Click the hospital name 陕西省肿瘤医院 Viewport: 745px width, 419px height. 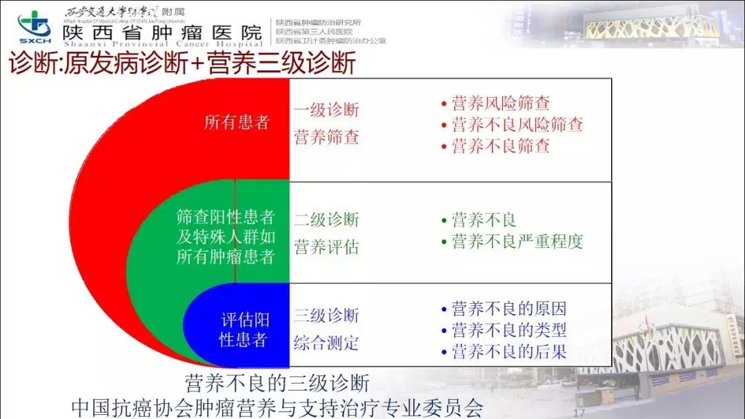point(162,33)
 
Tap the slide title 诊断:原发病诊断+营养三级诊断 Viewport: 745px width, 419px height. point(182,63)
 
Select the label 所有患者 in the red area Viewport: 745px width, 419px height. point(237,123)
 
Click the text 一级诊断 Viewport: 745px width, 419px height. point(326,110)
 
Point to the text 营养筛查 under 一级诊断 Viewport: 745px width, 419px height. point(326,136)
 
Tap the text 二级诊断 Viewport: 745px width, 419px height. point(326,220)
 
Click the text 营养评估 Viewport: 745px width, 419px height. point(326,247)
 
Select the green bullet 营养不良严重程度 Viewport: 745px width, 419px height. point(517,242)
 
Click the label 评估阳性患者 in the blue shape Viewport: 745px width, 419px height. point(244,329)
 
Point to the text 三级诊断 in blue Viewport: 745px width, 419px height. point(326,316)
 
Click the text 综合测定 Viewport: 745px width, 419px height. point(326,342)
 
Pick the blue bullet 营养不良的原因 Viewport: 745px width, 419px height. point(508,309)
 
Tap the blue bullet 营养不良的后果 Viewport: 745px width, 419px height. point(508,351)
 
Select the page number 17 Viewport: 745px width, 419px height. point(579,411)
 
